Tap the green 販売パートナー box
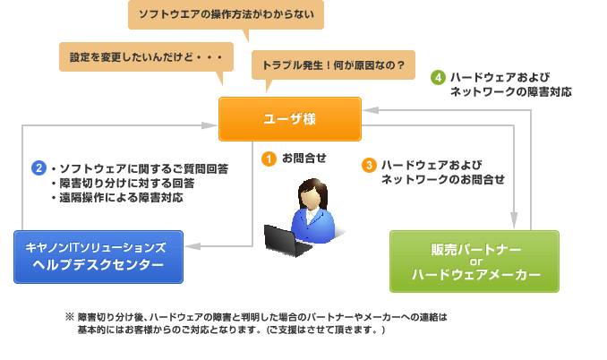(474, 261)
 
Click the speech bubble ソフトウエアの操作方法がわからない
(226, 15)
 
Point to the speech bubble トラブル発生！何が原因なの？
(332, 65)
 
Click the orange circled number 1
(268, 159)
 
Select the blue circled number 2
(38, 167)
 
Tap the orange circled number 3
(368, 165)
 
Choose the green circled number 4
(438, 77)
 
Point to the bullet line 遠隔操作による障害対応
(122, 198)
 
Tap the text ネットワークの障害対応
(510, 92)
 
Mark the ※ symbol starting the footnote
(69, 317)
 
